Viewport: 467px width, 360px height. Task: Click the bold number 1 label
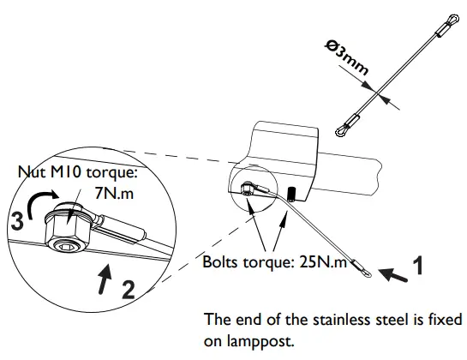[417, 266]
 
